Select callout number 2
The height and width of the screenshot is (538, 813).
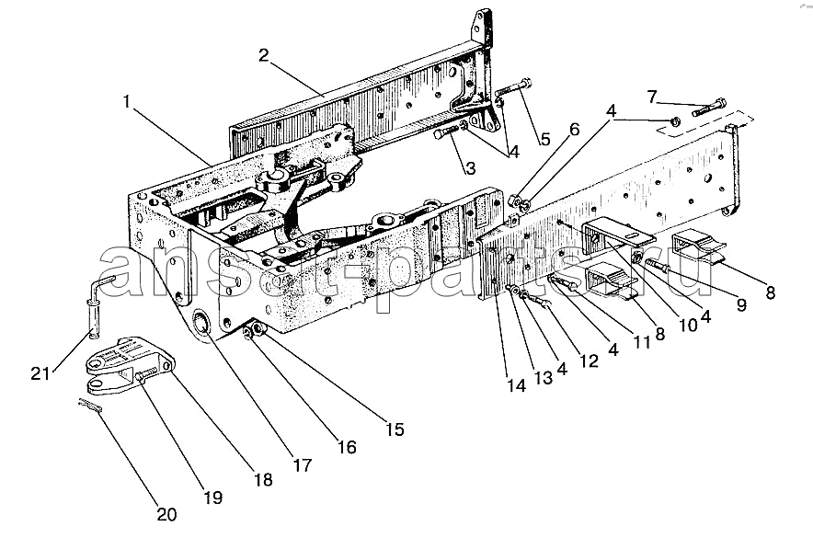click(263, 56)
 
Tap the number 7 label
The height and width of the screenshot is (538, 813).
click(651, 96)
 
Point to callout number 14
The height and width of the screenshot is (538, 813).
click(517, 386)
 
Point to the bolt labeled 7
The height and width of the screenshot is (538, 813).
click(708, 108)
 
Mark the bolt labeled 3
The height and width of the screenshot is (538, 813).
click(446, 134)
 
